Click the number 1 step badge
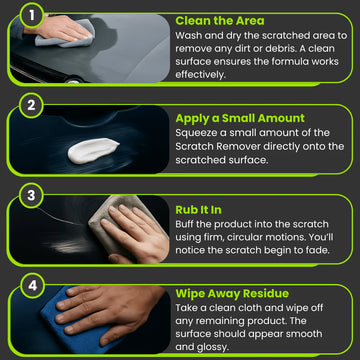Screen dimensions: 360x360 (x=32, y=15)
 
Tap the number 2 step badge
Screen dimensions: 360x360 (x=31, y=106)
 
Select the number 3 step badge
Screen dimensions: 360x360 (x=31, y=195)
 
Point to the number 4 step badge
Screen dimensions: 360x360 (x=32, y=286)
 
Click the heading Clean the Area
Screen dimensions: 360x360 (x=220, y=21)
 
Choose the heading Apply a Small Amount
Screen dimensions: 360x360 (x=240, y=119)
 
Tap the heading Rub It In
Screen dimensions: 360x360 (x=198, y=210)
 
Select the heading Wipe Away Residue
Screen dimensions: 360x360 (x=232, y=294)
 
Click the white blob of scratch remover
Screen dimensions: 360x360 (x=93, y=151)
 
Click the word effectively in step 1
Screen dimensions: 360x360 (x=200, y=75)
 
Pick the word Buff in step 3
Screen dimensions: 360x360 (x=185, y=224)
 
